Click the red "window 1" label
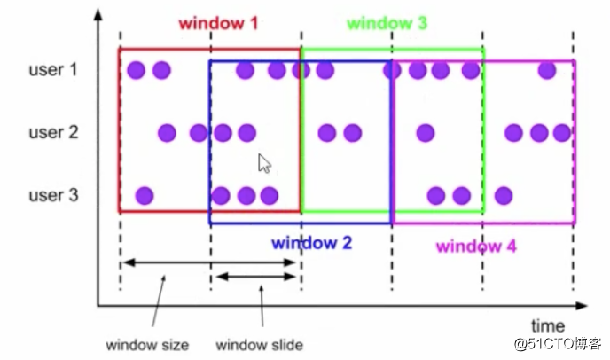[218, 23]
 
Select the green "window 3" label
[387, 23]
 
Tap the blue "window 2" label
[311, 243]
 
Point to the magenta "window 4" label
[476, 247]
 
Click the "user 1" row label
[53, 70]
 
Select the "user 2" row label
[53, 132]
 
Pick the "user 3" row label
[53, 195]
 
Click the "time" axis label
[548, 325]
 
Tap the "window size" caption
[147, 345]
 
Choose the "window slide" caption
[260, 345]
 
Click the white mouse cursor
[264, 163]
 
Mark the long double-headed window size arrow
[209, 262]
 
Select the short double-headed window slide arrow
[255, 277]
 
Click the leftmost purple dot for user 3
[145, 196]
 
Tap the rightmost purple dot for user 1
[547, 70]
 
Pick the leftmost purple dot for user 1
[137, 70]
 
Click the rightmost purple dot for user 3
[504, 196]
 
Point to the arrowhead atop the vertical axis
[98, 15]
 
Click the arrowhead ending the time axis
[582, 306]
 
